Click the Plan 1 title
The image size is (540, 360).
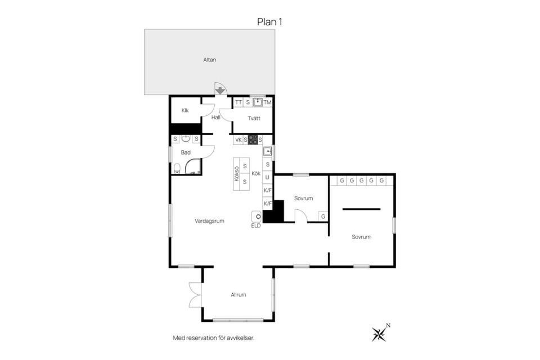tap(269, 22)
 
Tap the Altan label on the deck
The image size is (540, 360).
tap(209, 60)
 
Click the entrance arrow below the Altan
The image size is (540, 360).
tap(220, 91)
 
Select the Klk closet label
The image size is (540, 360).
tap(185, 110)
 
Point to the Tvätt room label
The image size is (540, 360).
tap(254, 118)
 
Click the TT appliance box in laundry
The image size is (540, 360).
tap(238, 102)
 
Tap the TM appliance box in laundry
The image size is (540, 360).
tap(267, 102)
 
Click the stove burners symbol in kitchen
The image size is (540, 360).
tap(253, 139)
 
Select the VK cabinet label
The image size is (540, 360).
tap(238, 140)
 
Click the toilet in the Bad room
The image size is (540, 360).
tap(177, 168)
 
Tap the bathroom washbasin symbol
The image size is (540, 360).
tap(186, 138)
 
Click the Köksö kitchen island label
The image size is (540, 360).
tap(237, 174)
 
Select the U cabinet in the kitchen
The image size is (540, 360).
tap(267, 177)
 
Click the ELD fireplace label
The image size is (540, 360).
tap(256, 226)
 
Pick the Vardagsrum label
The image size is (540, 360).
tap(209, 221)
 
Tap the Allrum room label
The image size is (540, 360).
tap(238, 295)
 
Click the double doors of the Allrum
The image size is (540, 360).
tap(195, 295)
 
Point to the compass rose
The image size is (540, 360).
tap(379, 334)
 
